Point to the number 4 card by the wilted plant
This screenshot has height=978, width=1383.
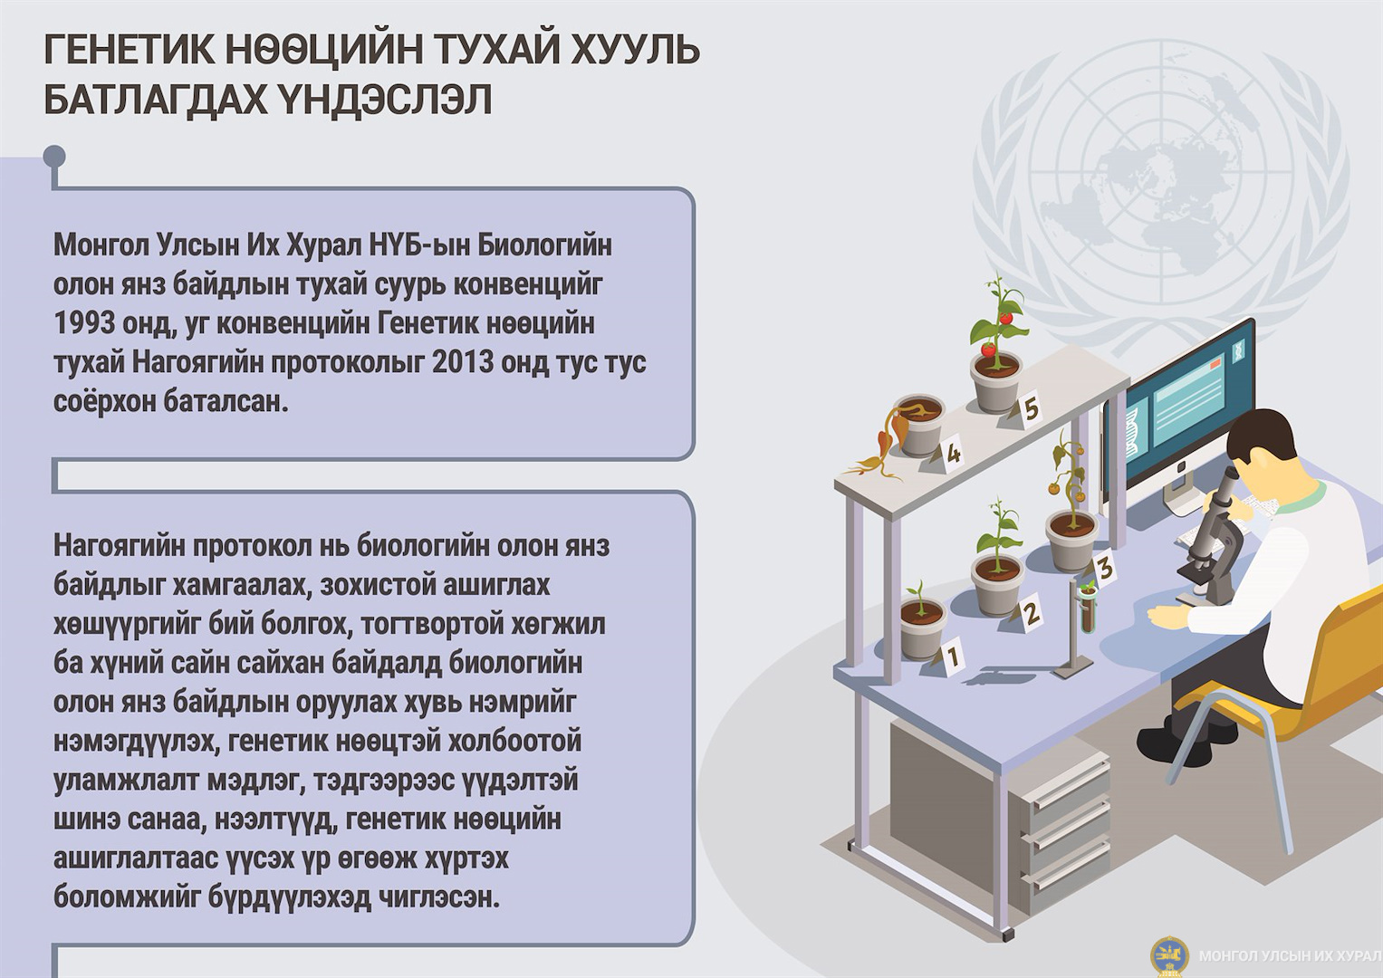coord(952,454)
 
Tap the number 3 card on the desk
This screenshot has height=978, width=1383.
coord(1104,568)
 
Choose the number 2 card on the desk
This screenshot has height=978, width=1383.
coord(1030,612)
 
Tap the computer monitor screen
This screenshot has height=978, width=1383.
coord(1188,405)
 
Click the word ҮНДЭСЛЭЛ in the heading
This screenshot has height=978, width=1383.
coord(381,100)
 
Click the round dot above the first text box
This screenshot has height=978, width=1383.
coord(54,156)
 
